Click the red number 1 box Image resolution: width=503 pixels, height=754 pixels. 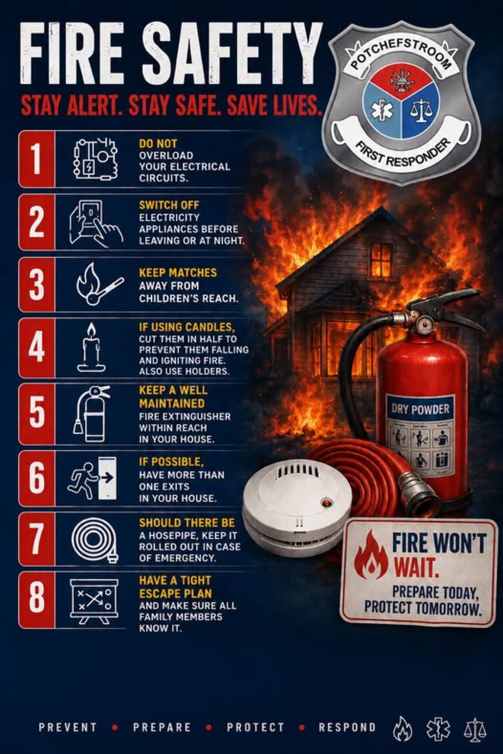pos(37,159)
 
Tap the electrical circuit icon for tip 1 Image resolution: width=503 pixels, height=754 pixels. pos(95,159)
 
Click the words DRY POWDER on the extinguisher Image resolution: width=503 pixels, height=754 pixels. pos(420,409)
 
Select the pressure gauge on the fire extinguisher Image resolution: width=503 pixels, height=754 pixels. pos(425,324)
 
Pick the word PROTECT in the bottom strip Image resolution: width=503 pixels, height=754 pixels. pos(255,727)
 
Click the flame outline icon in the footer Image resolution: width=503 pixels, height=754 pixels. pos(402,728)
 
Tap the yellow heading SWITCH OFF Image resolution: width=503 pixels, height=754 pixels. pos(169,205)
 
